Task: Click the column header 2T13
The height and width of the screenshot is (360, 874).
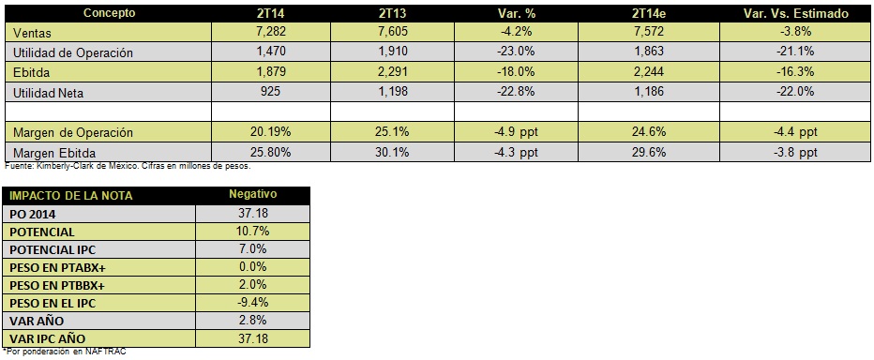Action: point(392,14)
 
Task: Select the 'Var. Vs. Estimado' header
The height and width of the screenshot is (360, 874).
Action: point(796,14)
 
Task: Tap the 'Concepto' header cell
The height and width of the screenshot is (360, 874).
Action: point(109,13)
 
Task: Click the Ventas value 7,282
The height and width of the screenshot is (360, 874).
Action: point(270,31)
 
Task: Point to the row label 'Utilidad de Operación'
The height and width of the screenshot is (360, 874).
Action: point(73,52)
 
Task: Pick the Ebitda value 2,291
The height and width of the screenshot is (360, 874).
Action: point(392,72)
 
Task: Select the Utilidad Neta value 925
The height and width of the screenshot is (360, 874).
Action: point(270,92)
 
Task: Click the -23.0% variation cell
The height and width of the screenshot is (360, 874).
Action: point(516,52)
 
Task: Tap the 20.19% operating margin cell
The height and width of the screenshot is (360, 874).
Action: point(270,132)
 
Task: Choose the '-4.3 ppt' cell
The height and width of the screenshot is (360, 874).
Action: point(516,152)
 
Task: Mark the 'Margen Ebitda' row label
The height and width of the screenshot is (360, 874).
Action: point(54,153)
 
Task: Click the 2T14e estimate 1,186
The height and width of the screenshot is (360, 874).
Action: point(649,92)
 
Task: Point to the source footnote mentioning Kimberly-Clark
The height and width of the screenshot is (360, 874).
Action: point(128,166)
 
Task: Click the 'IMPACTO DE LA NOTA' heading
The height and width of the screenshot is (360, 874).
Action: point(70,196)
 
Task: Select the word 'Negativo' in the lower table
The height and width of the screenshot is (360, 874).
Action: point(252,194)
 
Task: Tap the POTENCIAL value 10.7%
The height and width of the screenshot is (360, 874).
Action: point(252,232)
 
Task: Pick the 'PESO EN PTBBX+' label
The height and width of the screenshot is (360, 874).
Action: point(57,285)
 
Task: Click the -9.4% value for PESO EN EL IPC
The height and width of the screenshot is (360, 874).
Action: point(252,303)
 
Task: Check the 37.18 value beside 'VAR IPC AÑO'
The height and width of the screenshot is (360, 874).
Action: point(252,338)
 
